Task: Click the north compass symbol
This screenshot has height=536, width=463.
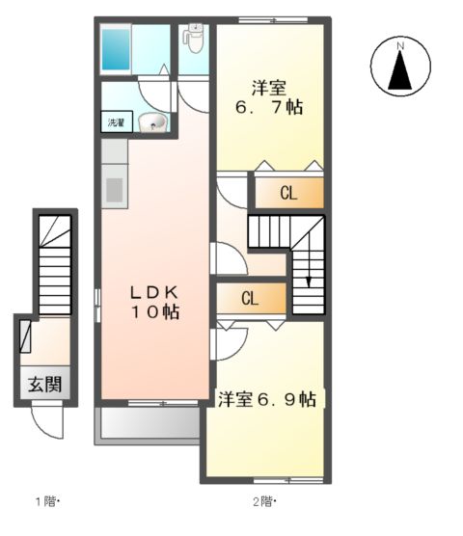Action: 400,67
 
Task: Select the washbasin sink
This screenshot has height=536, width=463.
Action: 151,122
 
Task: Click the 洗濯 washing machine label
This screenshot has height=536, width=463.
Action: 114,123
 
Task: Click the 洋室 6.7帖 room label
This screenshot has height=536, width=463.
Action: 271,96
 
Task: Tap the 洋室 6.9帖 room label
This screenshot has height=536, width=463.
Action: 267,398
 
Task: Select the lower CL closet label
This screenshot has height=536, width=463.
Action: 249,298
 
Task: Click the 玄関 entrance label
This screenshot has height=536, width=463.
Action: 44,383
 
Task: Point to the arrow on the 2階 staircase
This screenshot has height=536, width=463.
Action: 309,280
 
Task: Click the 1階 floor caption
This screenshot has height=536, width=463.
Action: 48,501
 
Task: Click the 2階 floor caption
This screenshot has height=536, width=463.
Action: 264,501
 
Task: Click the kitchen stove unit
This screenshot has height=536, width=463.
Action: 113,188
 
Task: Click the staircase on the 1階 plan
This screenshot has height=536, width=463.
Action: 55,260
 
